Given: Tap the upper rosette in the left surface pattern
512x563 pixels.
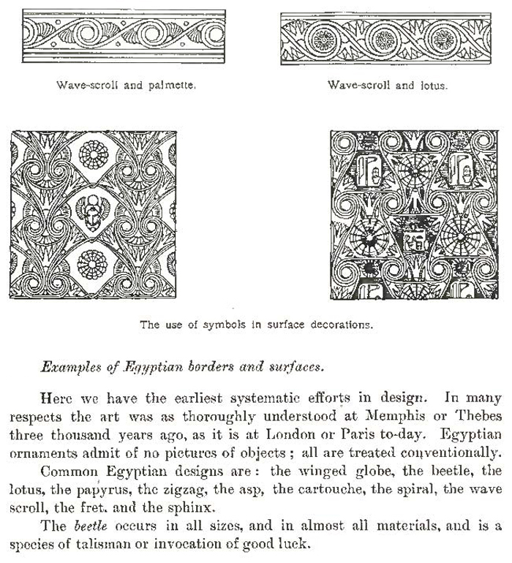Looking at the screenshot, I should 93,156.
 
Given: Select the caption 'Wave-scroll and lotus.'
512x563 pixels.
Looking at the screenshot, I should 388,85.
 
